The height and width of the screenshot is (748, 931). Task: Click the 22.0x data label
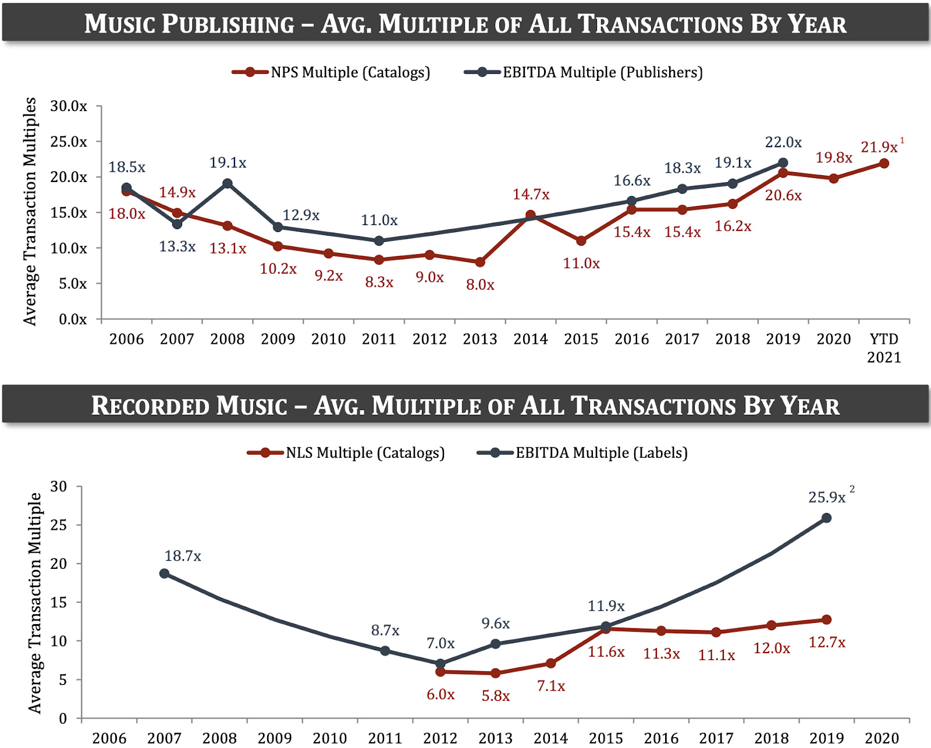[x=783, y=143]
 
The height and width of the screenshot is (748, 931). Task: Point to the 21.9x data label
[x=879, y=147]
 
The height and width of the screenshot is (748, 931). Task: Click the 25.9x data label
[x=826, y=497]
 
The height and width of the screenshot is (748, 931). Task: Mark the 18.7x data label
[x=182, y=556]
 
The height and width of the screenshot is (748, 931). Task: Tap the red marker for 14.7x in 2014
[x=531, y=215]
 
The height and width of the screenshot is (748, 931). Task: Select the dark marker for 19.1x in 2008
[x=228, y=184]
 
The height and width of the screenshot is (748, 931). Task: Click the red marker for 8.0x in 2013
[x=480, y=262]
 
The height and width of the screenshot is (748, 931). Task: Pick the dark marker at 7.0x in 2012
[x=440, y=664]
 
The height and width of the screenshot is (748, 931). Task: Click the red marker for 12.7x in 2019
[x=826, y=620]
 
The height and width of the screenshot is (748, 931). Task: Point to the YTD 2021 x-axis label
[x=883, y=348]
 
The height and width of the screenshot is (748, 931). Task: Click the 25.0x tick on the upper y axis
[x=69, y=142]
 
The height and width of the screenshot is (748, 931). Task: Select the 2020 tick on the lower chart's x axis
[x=882, y=738]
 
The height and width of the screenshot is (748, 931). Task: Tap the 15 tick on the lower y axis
[x=59, y=603]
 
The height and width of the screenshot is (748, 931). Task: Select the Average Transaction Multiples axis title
[x=30, y=211]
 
